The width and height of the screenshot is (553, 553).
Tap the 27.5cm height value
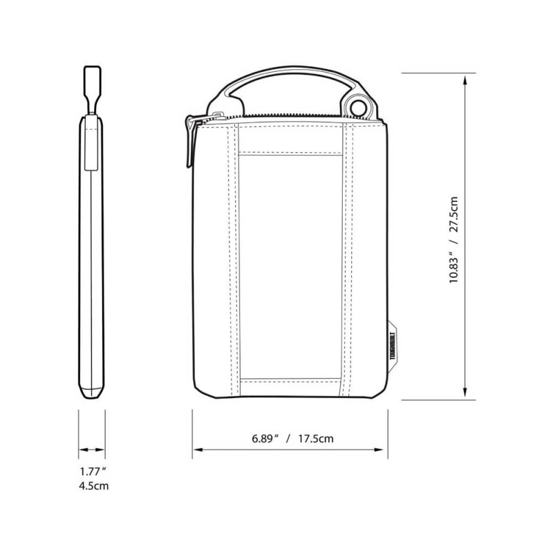(453, 214)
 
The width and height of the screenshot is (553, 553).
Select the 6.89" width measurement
(265, 439)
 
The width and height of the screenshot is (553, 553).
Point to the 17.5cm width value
(316, 439)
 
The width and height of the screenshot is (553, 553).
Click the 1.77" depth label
(93, 471)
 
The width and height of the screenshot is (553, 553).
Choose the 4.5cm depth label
(94, 486)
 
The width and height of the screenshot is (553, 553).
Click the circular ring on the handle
(357, 107)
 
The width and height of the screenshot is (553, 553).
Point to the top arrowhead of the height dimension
(465, 80)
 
